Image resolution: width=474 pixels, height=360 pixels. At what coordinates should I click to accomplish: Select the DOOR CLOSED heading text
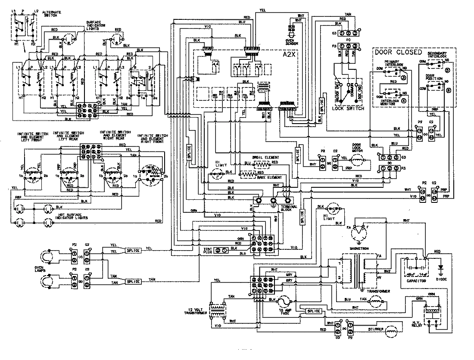pos(398,52)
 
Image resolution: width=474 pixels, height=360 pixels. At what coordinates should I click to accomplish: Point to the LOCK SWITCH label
pos(348,109)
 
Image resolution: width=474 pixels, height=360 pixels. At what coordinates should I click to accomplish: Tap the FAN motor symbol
pos(375,304)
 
